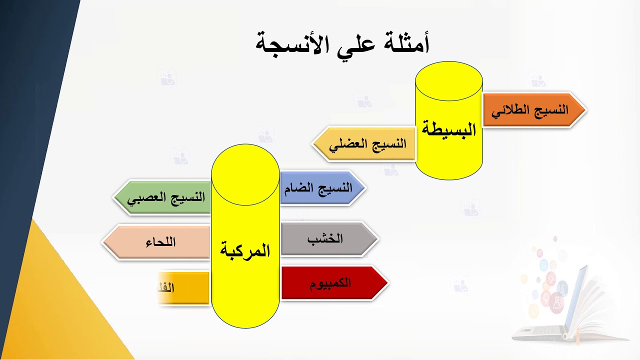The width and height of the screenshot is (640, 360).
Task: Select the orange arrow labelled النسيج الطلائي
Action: pos(533,110)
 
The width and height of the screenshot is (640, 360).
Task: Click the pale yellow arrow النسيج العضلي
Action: pos(365,144)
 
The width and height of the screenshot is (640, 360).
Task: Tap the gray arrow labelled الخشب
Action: pos(327,238)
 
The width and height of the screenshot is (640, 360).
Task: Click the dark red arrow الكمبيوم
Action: pos(332,282)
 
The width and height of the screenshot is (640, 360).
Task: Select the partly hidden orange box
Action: pos(183,287)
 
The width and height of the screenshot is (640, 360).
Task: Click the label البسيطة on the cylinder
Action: pos(449,129)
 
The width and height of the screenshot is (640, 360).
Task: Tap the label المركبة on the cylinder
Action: pos(245,250)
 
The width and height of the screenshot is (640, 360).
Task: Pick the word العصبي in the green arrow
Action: pos(145,197)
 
